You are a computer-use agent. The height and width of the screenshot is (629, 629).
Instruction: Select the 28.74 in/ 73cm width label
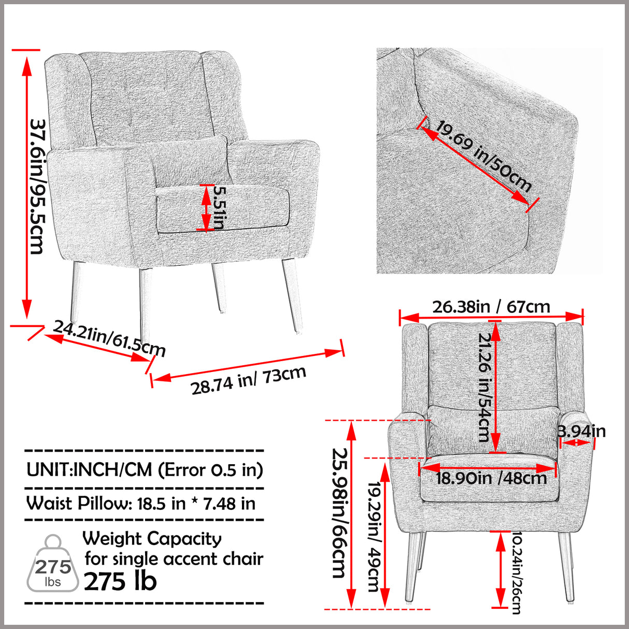point(249,380)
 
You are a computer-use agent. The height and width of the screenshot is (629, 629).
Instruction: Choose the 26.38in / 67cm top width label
point(491,307)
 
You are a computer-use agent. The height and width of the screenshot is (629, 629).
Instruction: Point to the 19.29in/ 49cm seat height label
point(373,536)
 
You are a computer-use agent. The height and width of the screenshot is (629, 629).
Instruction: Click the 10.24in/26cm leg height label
point(516,573)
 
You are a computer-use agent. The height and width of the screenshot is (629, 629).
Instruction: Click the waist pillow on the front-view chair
point(492,430)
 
